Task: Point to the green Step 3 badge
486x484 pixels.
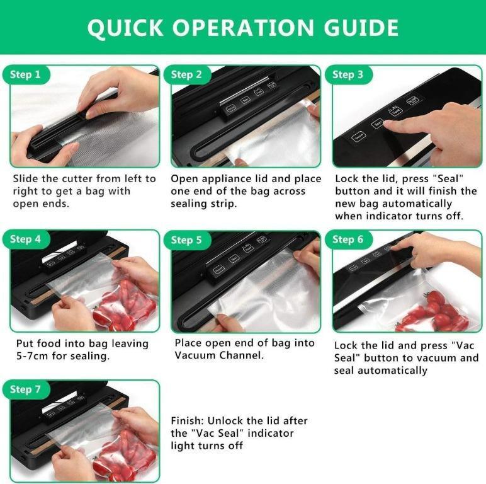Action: tap(348, 75)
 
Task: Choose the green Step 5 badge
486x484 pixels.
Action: tap(186, 239)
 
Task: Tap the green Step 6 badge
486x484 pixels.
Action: tap(348, 239)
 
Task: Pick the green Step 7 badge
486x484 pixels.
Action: tap(25, 389)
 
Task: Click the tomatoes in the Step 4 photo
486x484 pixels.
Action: tap(126, 309)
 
